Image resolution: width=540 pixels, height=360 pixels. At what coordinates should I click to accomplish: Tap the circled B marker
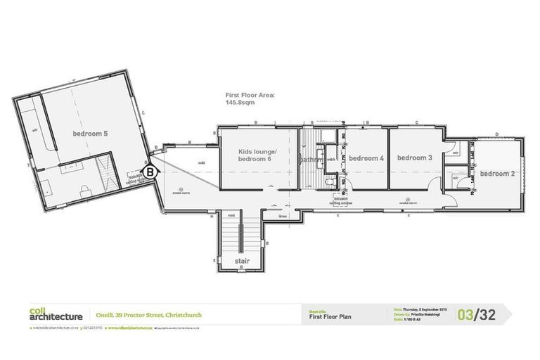point(150,171)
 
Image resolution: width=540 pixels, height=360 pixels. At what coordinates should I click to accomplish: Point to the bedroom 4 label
point(366,158)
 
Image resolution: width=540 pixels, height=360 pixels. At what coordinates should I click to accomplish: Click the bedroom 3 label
point(414,157)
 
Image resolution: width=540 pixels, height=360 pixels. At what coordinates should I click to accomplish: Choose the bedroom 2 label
point(497,173)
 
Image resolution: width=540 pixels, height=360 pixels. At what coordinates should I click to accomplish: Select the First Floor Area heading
point(250,95)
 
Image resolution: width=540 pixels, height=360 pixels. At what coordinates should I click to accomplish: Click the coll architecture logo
point(56,314)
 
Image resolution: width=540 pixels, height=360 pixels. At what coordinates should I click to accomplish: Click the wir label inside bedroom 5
point(34,130)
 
